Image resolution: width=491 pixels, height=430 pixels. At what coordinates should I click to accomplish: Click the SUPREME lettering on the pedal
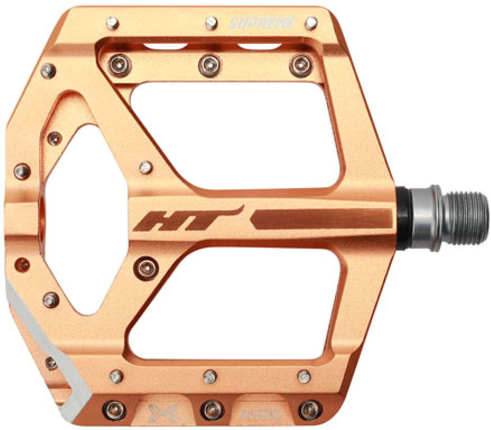coord(261,23)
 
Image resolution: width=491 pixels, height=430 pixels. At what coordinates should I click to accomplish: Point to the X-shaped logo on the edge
coord(163,412)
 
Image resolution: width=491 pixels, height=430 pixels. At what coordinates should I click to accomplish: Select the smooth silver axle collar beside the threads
coord(426,218)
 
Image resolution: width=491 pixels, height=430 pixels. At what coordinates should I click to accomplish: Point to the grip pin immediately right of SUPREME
coord(311,23)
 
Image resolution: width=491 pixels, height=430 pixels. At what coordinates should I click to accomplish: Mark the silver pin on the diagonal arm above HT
coord(146,167)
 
